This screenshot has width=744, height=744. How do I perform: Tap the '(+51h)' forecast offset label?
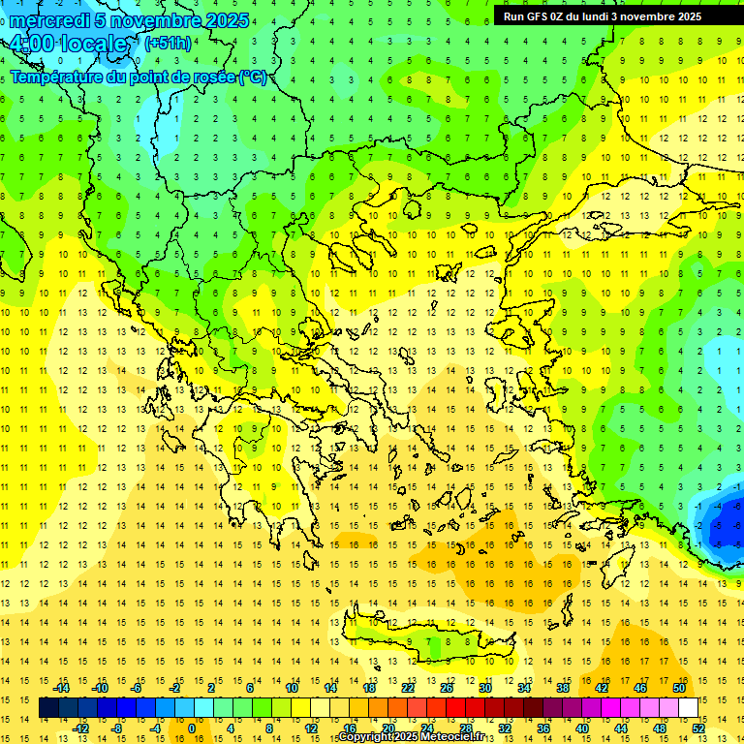[x=167, y=44]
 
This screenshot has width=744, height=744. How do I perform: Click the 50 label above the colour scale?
[x=678, y=688]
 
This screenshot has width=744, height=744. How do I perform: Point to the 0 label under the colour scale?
[x=192, y=728]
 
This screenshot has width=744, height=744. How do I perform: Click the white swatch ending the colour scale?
[x=688, y=708]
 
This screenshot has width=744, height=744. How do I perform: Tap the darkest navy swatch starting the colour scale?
[x=48, y=708]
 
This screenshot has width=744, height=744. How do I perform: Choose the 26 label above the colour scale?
[x=447, y=688]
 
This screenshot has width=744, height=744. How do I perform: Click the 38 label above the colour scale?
[x=562, y=688]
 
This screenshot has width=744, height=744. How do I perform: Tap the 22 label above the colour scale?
[x=408, y=688]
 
